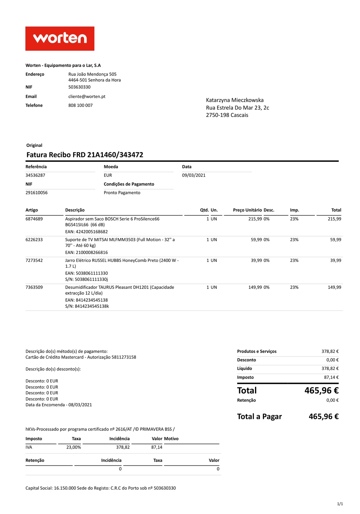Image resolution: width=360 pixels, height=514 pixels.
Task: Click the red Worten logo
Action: (60, 39)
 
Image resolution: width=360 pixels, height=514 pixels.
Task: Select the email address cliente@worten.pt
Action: (87, 96)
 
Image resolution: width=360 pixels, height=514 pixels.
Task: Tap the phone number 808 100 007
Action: (80, 105)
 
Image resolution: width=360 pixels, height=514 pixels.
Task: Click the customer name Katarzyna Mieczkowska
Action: (234, 100)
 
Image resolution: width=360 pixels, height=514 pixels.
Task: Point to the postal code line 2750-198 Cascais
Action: (227, 115)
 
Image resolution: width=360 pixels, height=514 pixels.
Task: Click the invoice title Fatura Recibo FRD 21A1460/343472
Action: (85, 155)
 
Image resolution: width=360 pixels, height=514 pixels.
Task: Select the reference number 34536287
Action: (35, 175)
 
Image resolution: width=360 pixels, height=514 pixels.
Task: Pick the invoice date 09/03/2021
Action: (193, 175)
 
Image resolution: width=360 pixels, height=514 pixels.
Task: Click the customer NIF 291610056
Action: (36, 193)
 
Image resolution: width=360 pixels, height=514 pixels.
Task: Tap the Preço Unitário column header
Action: (247, 210)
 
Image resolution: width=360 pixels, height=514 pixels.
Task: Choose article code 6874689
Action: (34, 219)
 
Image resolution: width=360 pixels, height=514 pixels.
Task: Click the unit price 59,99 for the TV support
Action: (256, 240)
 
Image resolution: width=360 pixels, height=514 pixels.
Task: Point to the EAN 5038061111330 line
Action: (86, 273)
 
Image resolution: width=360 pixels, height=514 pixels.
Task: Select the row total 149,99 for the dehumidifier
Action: (334, 287)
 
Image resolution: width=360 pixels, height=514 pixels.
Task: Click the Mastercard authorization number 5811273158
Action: (124, 357)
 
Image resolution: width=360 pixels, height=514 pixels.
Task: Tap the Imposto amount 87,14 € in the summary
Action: (331, 378)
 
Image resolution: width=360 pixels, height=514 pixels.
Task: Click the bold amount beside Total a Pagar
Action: (324, 417)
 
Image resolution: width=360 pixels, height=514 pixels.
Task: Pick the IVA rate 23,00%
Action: (73, 447)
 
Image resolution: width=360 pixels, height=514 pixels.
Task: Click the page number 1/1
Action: (340, 504)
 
